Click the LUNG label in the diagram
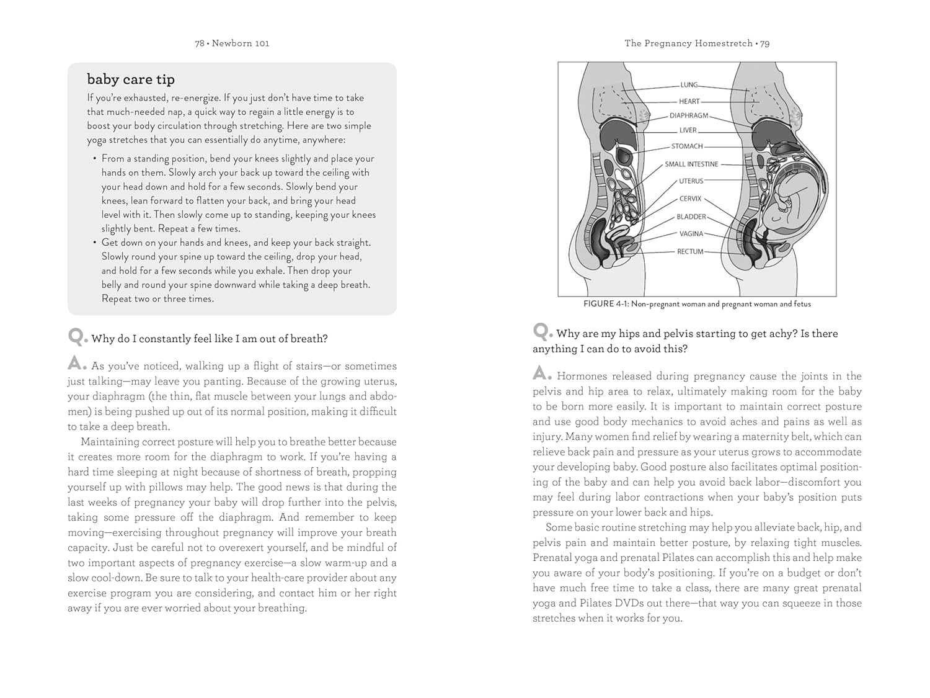click(x=689, y=85)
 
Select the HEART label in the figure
click(x=689, y=101)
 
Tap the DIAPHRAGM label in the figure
click(x=689, y=115)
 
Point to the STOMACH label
click(x=687, y=146)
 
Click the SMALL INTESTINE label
click(x=691, y=164)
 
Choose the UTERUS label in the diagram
click(x=691, y=181)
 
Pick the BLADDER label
click(x=691, y=217)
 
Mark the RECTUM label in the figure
click(x=690, y=251)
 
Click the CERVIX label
click(x=691, y=199)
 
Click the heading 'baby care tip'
click(x=131, y=79)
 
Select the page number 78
click(x=200, y=43)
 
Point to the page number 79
click(x=764, y=43)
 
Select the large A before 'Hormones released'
click(x=542, y=374)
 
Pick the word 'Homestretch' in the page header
click(x=724, y=43)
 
